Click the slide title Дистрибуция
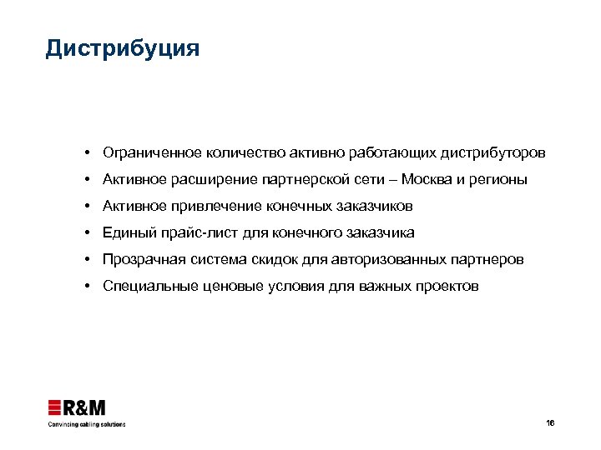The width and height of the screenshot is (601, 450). pyautogui.click(x=123, y=49)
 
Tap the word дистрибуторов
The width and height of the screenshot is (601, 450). pyautogui.click(x=498, y=153)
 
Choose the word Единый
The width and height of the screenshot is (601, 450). pyautogui.click(x=128, y=233)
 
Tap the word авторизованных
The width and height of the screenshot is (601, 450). pyautogui.click(x=387, y=260)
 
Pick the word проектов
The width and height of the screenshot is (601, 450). pyautogui.click(x=449, y=287)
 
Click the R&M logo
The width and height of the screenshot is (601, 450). pyautogui.click(x=76, y=407)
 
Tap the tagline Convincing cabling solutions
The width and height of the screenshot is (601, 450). pyautogui.click(x=85, y=424)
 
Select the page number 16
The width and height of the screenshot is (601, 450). pyautogui.click(x=549, y=423)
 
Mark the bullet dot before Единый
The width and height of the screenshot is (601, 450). pyautogui.click(x=87, y=233)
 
